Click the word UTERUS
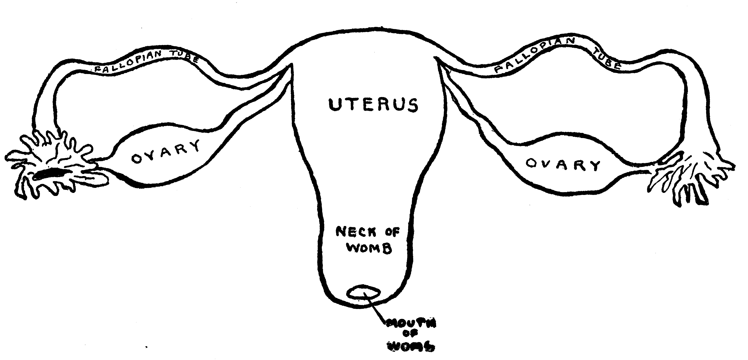373,105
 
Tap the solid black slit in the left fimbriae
49,174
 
